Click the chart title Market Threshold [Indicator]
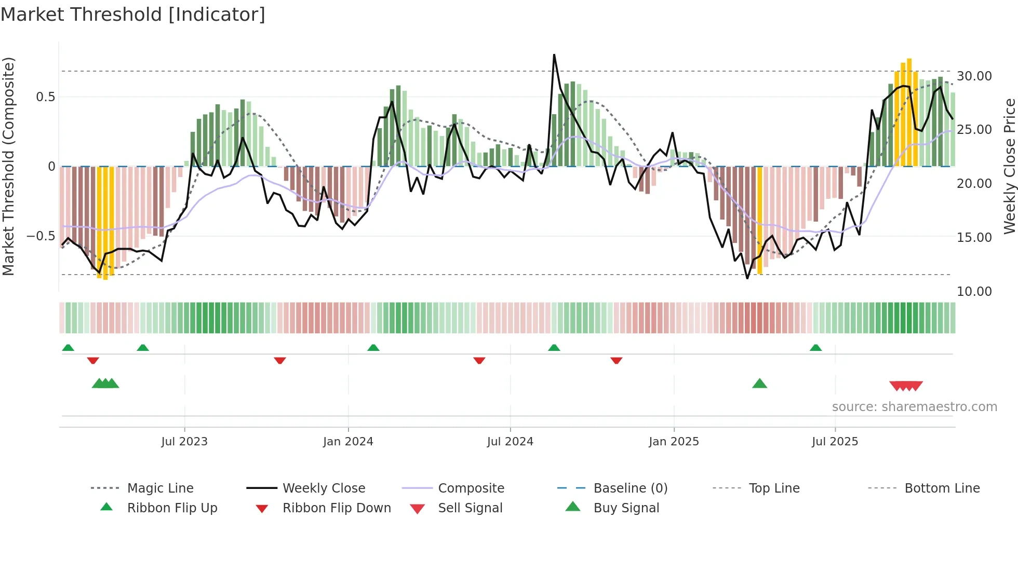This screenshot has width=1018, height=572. click(133, 15)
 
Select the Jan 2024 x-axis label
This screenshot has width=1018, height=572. click(348, 442)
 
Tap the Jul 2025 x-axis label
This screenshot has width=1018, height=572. click(835, 442)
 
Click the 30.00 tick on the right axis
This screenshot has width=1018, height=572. click(974, 76)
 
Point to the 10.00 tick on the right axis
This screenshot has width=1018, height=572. click(974, 292)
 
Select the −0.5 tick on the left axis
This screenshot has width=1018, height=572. click(41, 236)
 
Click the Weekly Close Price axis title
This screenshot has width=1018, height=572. click(1009, 166)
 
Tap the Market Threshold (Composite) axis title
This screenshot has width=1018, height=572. click(8, 166)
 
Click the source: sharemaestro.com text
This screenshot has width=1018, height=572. click(914, 407)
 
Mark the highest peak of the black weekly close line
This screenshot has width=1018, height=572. click(554, 55)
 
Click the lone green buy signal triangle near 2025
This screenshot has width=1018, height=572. click(759, 384)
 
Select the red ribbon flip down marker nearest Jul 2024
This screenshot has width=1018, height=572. click(479, 360)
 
